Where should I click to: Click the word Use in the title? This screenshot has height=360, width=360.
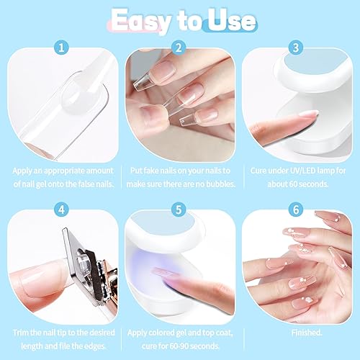(x=230, y=19)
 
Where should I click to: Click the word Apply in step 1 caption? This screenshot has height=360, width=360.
(x=24, y=170)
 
